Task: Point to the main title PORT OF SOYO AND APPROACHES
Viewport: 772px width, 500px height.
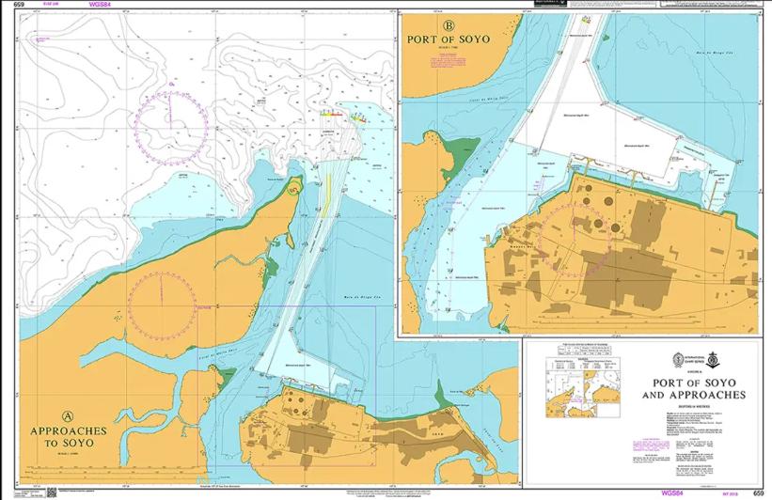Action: coord(693,389)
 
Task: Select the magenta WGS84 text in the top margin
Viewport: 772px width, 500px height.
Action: coord(99,5)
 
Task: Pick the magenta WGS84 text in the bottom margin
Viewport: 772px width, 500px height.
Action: coord(670,492)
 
